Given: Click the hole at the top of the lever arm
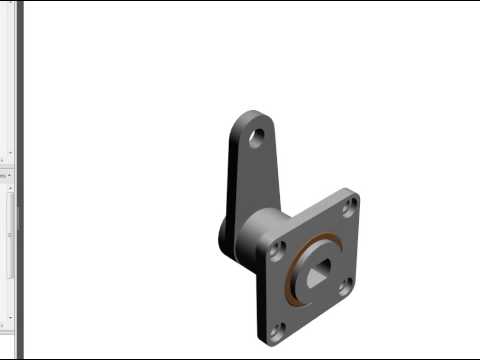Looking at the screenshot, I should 257,138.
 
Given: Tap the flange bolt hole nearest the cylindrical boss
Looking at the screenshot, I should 278,250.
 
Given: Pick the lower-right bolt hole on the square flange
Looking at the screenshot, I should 344,287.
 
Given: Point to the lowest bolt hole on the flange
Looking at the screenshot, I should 277,328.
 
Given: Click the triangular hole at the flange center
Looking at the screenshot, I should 316,271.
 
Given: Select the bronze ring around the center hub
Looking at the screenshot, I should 291,284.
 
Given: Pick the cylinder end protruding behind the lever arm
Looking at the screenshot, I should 224,240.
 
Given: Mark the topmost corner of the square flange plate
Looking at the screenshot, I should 355,190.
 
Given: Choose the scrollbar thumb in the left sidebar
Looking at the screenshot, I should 11,230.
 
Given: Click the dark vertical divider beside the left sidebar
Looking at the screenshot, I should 19,180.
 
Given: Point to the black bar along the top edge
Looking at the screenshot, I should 240,1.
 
